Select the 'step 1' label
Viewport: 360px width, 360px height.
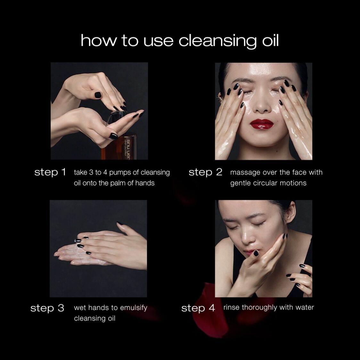50,172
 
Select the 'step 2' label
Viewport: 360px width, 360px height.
205,172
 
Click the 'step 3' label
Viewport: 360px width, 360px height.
47,308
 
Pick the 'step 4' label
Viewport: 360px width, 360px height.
198,308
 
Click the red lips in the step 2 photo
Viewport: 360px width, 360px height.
262,124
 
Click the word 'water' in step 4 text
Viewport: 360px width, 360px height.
305,307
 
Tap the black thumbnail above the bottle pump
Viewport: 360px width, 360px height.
98,95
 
